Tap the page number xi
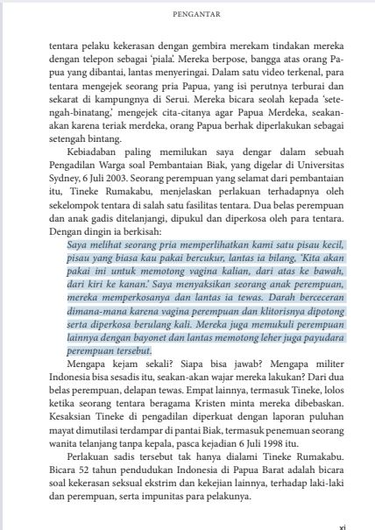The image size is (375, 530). point(342,527)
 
